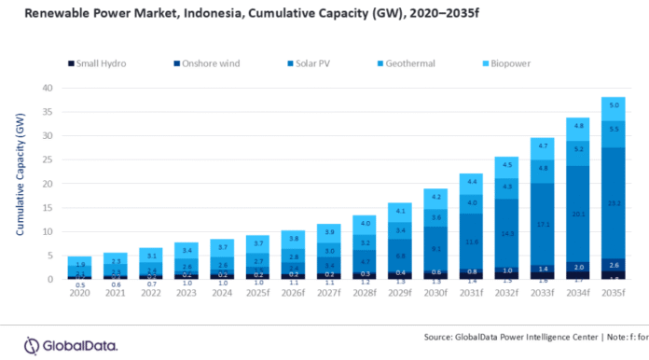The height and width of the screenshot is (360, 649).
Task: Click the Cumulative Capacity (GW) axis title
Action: pos(21,184)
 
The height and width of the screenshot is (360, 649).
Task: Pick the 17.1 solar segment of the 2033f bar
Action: pos(542,224)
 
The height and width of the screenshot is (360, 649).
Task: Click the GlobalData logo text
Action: pos(82,345)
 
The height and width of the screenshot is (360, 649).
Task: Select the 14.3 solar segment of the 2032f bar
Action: pos(508,233)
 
